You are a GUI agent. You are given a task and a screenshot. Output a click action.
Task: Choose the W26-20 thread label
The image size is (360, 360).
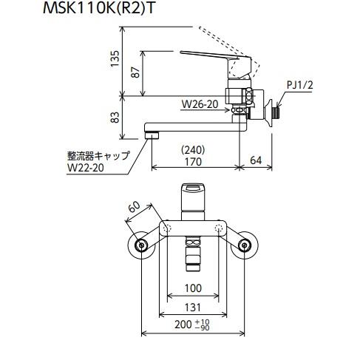coord(199,105)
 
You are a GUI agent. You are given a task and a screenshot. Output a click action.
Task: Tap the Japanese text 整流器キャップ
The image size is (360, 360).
coord(96,155)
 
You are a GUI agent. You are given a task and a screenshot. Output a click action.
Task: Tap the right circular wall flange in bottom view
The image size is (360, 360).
coord(245,246)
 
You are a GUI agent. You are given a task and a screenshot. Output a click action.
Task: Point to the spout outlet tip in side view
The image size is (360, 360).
coord(152,135)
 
